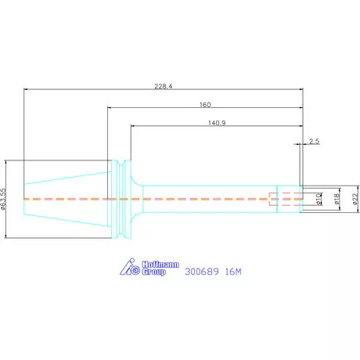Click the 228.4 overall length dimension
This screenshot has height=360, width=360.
[x=164, y=86]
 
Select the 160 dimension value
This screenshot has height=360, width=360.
[x=205, y=105]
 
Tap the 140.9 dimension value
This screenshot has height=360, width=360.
[x=217, y=123]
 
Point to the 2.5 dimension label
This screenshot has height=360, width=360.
[x=315, y=141]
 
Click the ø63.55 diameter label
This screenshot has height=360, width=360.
[x=3, y=199]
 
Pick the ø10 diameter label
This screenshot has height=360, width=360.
[x=319, y=199]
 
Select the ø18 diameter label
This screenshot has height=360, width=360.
[x=337, y=199]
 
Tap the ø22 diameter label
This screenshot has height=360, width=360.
[x=355, y=199]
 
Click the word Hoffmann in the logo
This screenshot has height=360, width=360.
[x=160, y=265]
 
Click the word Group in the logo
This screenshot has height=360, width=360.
[x=154, y=272]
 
